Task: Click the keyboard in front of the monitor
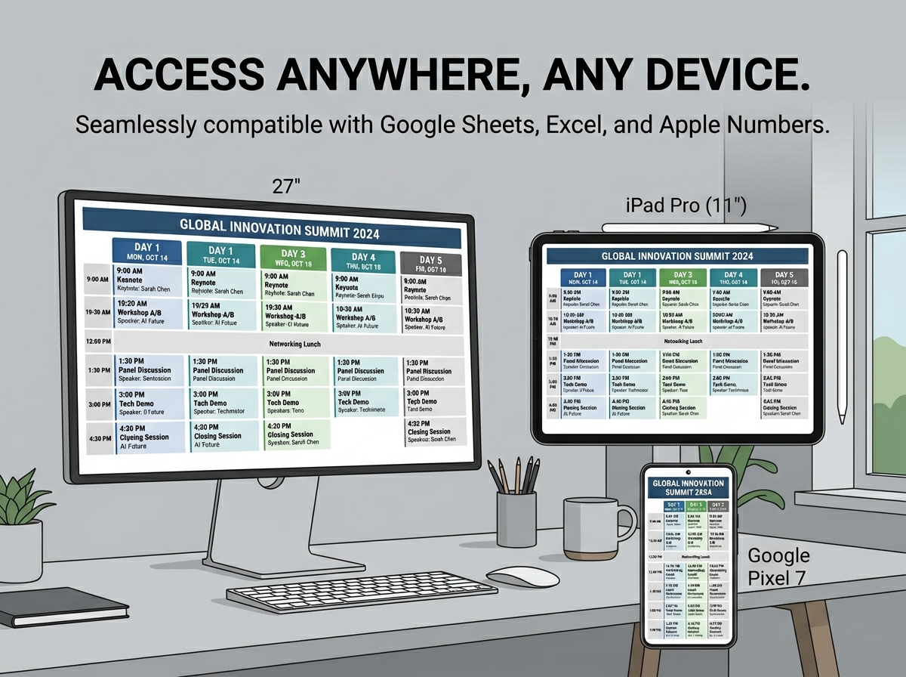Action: click(362, 592)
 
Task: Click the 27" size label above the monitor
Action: click(286, 187)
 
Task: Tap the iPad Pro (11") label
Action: click(686, 205)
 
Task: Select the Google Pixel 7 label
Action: click(778, 567)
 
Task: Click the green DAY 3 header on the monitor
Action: click(293, 257)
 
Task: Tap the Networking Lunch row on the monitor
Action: click(294, 344)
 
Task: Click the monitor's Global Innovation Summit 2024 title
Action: click(279, 227)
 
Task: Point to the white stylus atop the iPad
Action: click(689, 225)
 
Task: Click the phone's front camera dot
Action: click(688, 473)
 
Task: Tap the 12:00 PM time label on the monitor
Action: click(99, 342)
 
